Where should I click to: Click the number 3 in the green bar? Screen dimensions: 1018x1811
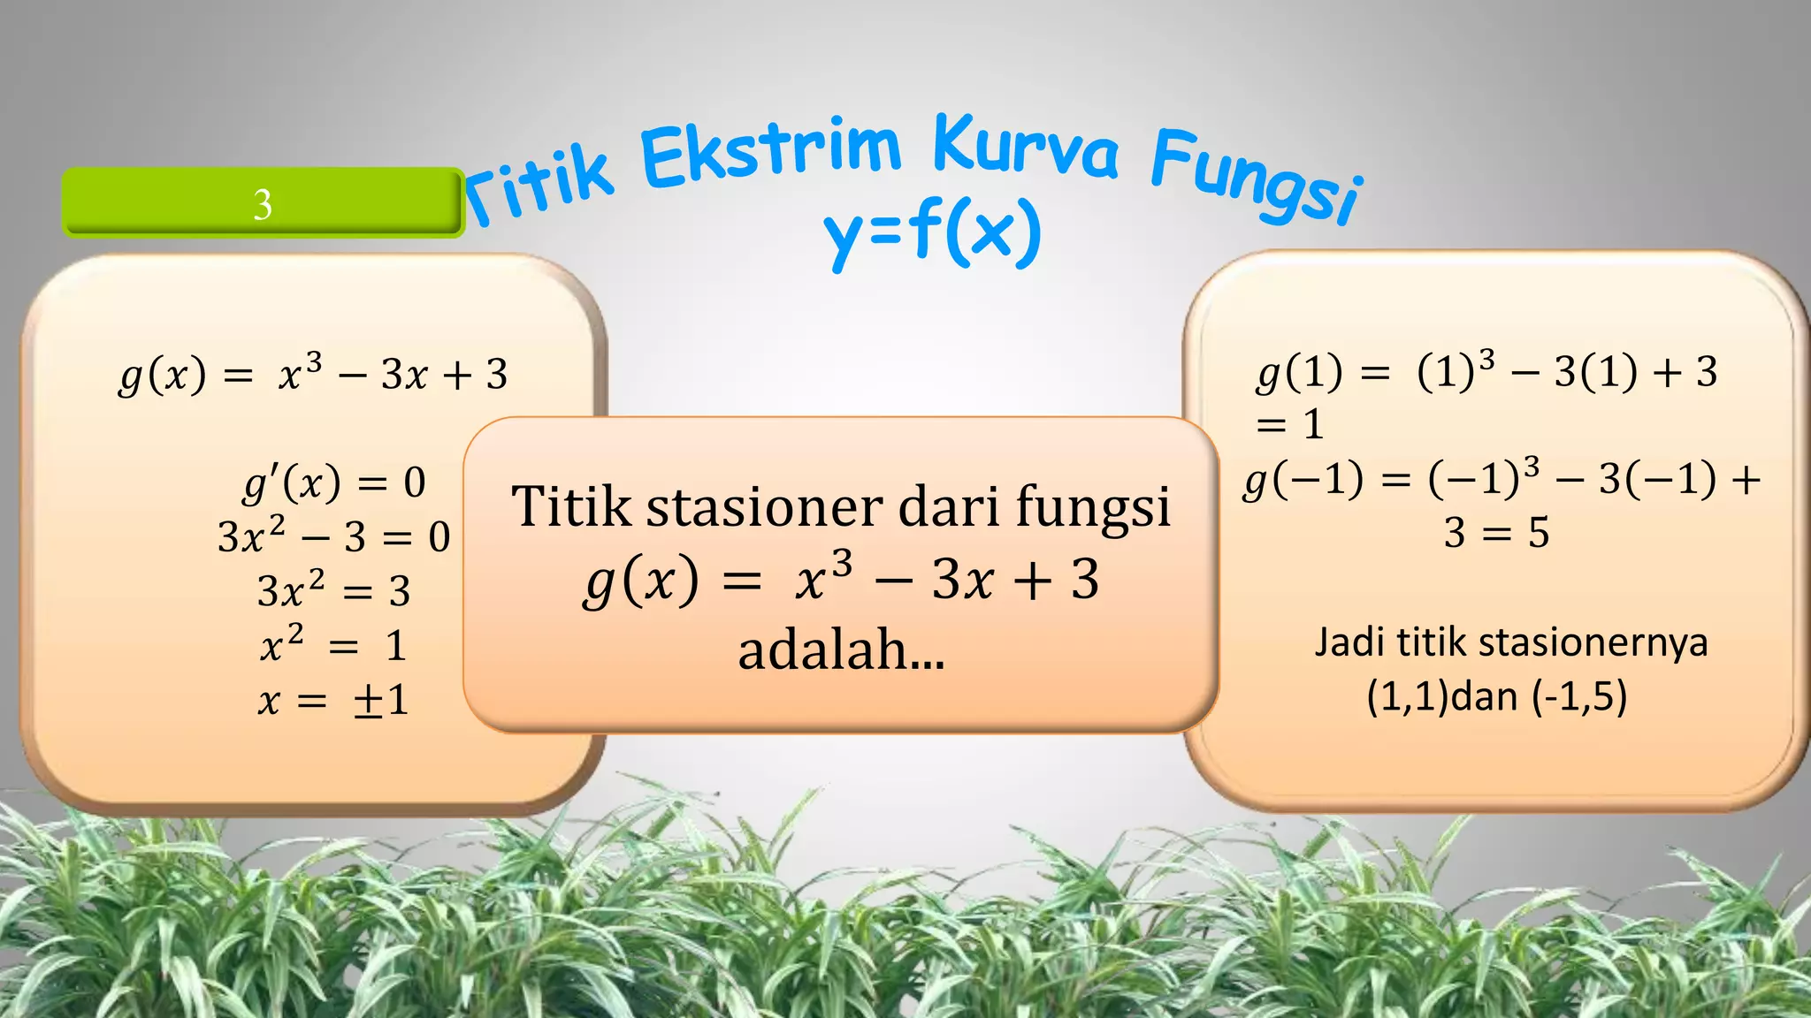click(x=263, y=204)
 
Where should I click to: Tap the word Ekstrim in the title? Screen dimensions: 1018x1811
click(x=770, y=155)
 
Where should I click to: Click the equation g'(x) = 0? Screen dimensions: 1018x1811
click(x=335, y=482)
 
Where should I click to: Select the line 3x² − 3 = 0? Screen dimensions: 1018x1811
click(x=334, y=536)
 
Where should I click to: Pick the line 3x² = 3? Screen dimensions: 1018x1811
click(x=334, y=590)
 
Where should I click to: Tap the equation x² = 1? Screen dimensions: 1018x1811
click(x=333, y=644)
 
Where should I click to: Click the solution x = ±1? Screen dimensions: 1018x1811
click(x=333, y=701)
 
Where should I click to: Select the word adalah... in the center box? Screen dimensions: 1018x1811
click(x=841, y=650)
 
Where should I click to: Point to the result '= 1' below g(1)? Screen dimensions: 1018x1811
click(x=1290, y=425)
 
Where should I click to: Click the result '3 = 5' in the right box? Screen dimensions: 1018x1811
click(x=1496, y=533)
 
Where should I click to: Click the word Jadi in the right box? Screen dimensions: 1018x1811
click(x=1349, y=642)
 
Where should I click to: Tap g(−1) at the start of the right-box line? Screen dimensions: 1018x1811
click(x=1303, y=480)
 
